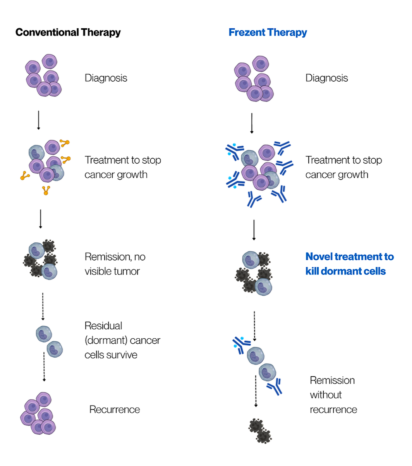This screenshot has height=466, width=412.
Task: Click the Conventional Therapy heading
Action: pos(68,33)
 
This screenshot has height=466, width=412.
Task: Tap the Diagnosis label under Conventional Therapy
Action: pos(106,78)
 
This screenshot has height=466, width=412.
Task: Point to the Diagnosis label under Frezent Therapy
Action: pos(326,78)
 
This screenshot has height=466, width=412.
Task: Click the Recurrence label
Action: pos(115,409)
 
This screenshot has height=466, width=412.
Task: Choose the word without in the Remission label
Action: pos(326,395)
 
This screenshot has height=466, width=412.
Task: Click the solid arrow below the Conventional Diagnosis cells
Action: pos(38,120)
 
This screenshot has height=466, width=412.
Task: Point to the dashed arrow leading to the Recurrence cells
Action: pos(44,366)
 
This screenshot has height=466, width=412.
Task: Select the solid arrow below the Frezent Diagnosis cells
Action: pos(252,123)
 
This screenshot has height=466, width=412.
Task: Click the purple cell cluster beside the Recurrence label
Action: pos(38,413)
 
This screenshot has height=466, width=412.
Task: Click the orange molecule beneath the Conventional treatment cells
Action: pos(46,190)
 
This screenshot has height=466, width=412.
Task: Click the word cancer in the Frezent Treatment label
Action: pos(318,175)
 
